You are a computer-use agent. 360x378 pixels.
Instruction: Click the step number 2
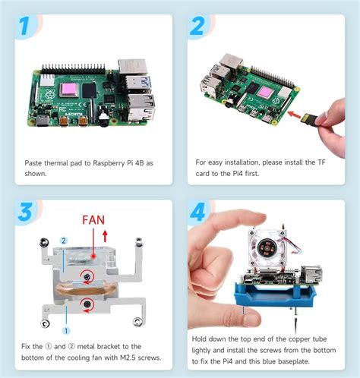(x=197, y=27)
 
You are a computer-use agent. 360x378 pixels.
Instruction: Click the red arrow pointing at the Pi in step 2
(x=295, y=115)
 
